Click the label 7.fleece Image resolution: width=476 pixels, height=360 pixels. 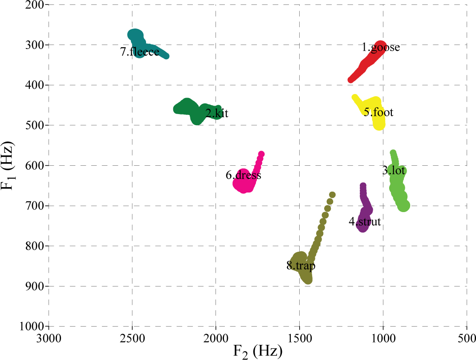pyautogui.click(x=139, y=52)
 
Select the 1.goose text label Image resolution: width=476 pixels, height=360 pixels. pyautogui.click(x=380, y=47)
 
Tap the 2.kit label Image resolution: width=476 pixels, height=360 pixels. pyautogui.click(x=217, y=113)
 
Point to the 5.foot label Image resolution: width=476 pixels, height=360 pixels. pyautogui.click(x=378, y=112)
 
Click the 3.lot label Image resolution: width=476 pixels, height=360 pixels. pyautogui.click(x=394, y=170)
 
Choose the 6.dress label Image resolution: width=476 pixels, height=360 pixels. pyautogui.click(x=243, y=175)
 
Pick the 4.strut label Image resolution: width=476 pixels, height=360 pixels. pyautogui.click(x=365, y=221)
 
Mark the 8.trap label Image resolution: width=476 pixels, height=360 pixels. pyautogui.click(x=301, y=266)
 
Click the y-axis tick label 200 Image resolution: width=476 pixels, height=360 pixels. pyautogui.click(x=34, y=5)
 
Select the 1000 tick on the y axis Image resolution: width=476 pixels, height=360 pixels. pyautogui.click(x=31, y=326)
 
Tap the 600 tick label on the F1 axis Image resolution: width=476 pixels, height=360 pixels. pyautogui.click(x=34, y=165)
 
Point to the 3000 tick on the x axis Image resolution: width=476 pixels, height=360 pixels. pyautogui.click(x=48, y=339)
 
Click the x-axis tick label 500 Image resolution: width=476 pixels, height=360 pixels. pyautogui.click(x=466, y=339)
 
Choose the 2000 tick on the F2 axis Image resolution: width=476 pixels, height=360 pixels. pyautogui.click(x=216, y=339)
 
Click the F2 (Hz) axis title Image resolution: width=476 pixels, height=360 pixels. pyautogui.click(x=258, y=352)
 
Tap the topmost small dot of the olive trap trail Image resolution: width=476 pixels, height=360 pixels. pyautogui.click(x=332, y=195)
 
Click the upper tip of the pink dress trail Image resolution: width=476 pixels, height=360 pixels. pyautogui.click(x=261, y=154)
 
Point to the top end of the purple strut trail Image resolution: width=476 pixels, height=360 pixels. pyautogui.click(x=363, y=186)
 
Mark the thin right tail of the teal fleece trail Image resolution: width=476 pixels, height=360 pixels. pyautogui.click(x=167, y=56)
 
